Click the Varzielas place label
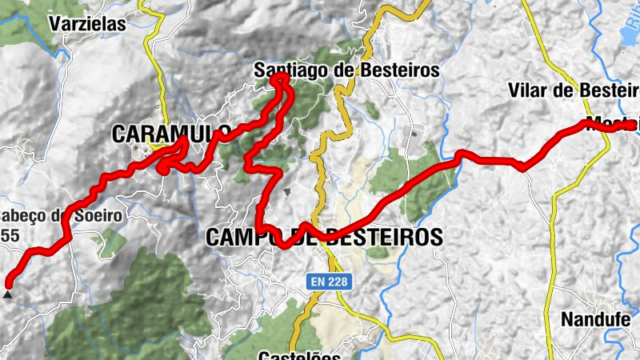tap(87, 24)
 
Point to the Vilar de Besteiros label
tap(573, 90)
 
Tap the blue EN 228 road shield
tap(330, 281)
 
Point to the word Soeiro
tap(95, 215)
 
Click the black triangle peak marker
tap(8, 294)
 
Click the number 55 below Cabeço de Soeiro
tap(10, 235)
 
